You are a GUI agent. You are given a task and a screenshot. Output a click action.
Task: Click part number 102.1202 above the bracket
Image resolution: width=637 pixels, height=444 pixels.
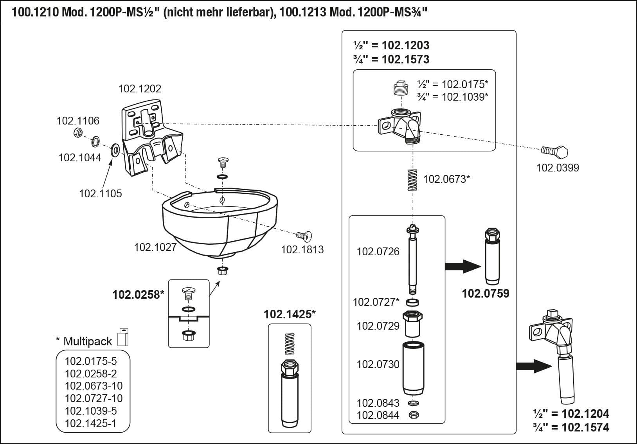(x=140, y=88)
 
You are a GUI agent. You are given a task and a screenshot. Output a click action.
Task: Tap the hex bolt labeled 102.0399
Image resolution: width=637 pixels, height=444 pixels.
(x=554, y=151)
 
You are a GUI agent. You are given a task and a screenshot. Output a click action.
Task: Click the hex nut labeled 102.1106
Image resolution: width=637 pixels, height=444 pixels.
(x=77, y=133)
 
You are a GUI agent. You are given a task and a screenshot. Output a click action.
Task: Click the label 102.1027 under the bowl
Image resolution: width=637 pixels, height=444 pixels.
(x=155, y=247)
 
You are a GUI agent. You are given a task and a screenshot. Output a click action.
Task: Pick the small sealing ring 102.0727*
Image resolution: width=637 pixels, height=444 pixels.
(x=412, y=302)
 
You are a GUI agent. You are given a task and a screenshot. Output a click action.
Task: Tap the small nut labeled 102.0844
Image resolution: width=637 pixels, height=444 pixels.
(x=413, y=415)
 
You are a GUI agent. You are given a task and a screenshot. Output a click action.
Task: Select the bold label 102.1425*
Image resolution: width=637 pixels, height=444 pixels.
(x=290, y=314)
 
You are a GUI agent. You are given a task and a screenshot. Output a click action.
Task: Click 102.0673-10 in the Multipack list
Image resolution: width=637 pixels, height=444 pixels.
(x=94, y=386)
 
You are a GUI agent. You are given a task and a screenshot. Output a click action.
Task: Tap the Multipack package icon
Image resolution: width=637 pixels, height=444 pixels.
(x=123, y=337)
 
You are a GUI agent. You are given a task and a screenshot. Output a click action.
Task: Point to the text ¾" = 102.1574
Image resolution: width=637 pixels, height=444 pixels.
(x=571, y=427)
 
